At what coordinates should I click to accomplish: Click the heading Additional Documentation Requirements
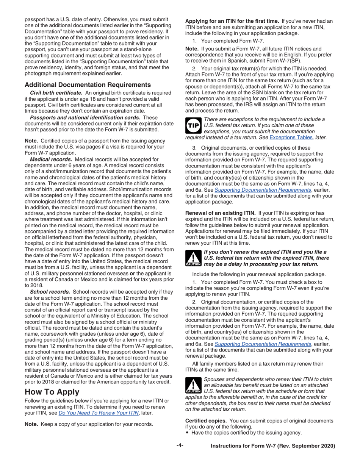coord(88,84)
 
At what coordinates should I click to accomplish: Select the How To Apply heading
coord(52,391)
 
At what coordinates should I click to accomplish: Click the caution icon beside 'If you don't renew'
coord(193,258)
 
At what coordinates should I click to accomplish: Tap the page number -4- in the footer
coord(180,446)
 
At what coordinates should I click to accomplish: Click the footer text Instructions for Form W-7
coord(273,446)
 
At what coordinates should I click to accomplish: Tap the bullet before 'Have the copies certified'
coord(187,433)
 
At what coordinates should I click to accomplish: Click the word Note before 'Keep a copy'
coord(31,424)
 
